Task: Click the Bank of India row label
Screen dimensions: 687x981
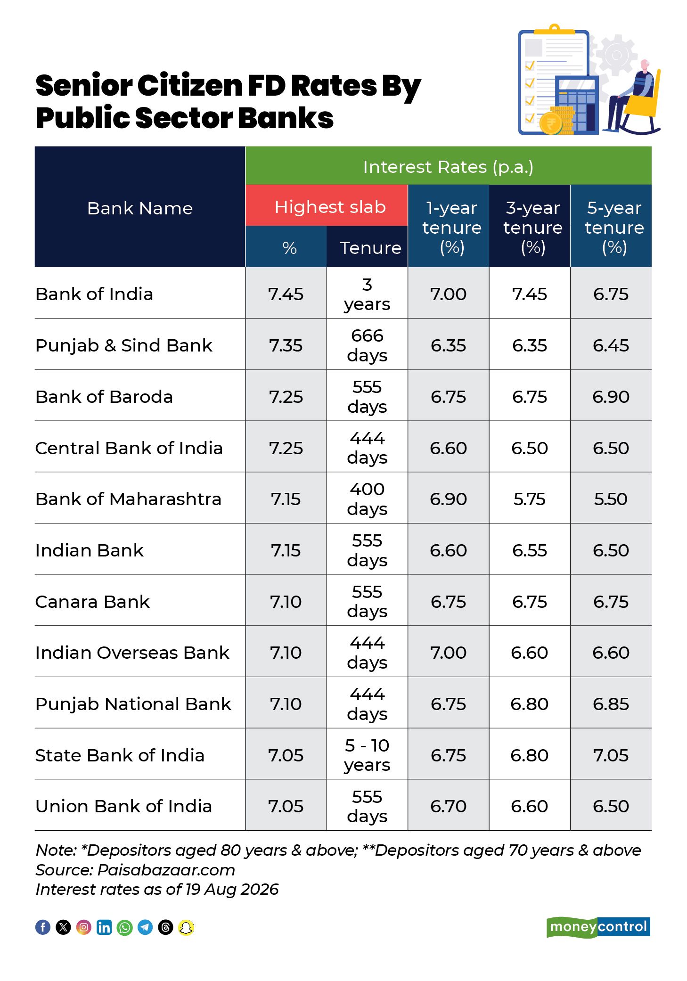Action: tap(94, 294)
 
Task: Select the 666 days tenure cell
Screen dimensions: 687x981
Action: tap(367, 345)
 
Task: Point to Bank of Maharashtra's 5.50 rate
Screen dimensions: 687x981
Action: tap(611, 499)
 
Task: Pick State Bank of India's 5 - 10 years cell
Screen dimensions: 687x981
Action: tap(367, 755)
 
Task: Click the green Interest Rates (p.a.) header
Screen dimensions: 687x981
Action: tap(449, 166)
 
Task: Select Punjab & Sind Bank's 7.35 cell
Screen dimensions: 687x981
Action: tap(286, 345)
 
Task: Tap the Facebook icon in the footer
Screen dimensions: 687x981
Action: tap(43, 927)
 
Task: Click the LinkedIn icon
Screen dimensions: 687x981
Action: tap(104, 927)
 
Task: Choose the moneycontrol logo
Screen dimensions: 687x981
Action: tap(598, 927)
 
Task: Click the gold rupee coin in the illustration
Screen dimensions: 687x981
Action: tap(550, 123)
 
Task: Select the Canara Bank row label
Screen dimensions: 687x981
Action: tap(93, 602)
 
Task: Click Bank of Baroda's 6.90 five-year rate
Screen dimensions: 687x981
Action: tap(611, 397)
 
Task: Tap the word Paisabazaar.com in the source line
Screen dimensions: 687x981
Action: tap(166, 870)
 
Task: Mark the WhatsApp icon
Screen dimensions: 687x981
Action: tap(125, 927)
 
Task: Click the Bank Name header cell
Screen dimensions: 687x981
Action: tap(140, 207)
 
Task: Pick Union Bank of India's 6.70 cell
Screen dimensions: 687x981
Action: tap(448, 806)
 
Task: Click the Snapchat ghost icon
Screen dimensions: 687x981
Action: tap(187, 927)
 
